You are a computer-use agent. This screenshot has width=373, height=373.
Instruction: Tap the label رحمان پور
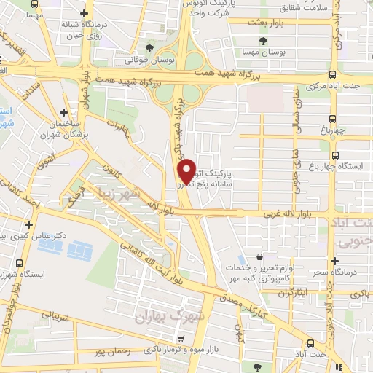click(x=112, y=352)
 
